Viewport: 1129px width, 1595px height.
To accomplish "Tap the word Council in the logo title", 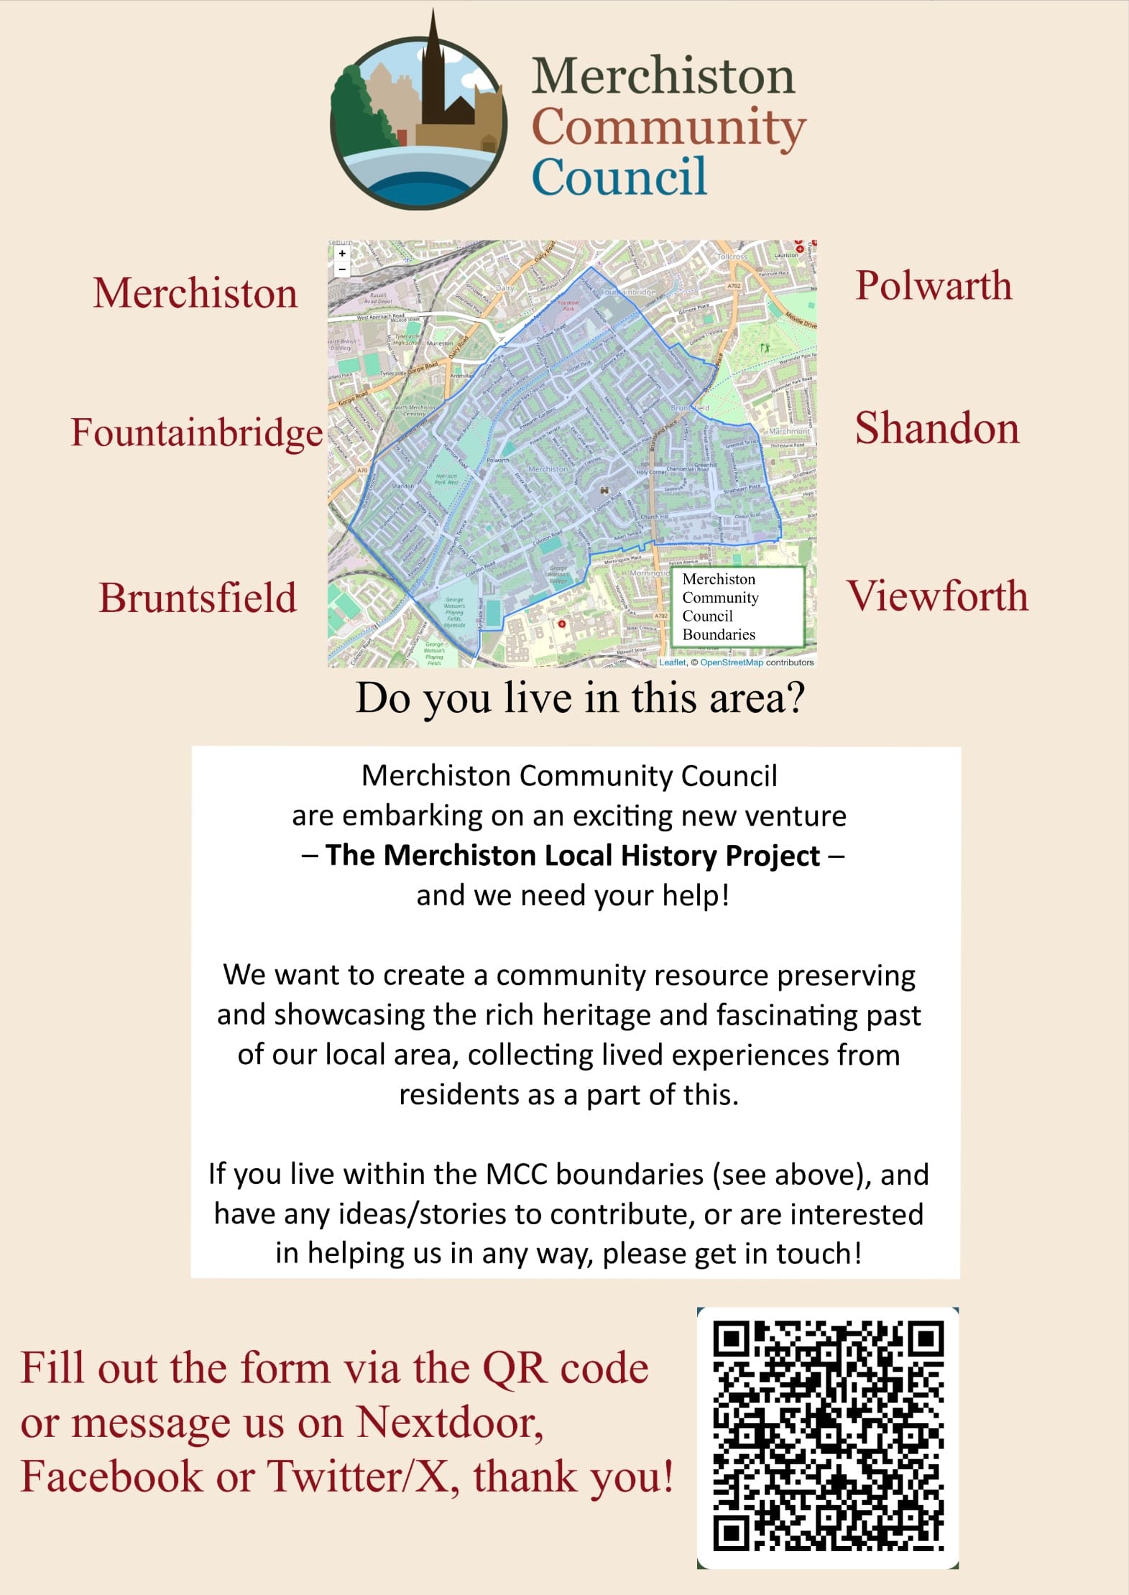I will pos(619,177).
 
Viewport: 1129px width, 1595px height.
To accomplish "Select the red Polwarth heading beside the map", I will pos(934,286).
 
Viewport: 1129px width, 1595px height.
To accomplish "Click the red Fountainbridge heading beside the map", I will pos(196,433).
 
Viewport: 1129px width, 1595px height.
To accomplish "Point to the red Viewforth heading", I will pos(937,596).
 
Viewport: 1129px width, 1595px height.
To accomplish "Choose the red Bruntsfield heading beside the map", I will pos(198,598).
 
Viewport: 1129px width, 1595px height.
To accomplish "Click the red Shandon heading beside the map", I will pos(936,429).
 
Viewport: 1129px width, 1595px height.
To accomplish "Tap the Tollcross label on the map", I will pos(732,256).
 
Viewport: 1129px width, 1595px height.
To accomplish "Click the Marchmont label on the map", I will pos(788,431).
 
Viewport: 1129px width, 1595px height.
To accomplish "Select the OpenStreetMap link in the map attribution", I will pos(731,662).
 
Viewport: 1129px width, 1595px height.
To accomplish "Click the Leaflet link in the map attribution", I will pos(673,662).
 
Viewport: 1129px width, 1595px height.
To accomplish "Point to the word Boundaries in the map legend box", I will pos(719,634).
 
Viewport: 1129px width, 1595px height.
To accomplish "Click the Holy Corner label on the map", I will pos(651,472).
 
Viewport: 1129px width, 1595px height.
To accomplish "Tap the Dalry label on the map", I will pos(505,288).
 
